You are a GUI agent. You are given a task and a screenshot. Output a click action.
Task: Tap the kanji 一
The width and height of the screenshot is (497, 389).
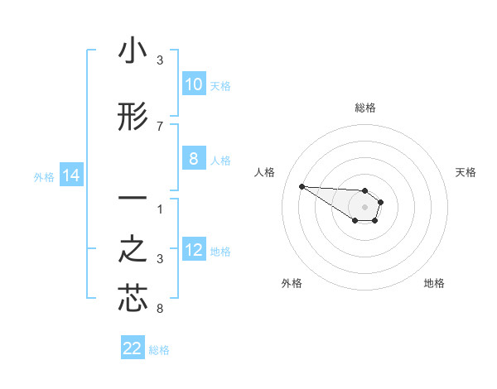[x=133, y=199]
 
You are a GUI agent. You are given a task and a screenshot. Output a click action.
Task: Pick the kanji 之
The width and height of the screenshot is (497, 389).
[x=133, y=249]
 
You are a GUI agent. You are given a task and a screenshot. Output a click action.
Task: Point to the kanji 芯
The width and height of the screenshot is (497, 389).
[x=133, y=299]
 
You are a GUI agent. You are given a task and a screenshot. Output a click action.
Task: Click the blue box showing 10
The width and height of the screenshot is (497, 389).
[x=193, y=84]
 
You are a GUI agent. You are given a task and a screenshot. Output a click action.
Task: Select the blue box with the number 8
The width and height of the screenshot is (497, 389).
[x=193, y=159]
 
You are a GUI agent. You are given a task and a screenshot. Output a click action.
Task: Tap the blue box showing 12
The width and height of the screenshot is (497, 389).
[x=193, y=250]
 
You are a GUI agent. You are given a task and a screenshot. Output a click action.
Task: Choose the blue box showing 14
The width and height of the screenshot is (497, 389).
[x=70, y=175]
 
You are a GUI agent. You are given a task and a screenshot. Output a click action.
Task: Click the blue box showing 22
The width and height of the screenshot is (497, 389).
[x=133, y=348]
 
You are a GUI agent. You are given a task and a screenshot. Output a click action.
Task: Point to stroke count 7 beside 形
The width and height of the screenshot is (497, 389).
[x=160, y=127]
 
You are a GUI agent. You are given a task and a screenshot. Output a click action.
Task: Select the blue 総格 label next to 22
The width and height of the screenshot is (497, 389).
[x=159, y=350]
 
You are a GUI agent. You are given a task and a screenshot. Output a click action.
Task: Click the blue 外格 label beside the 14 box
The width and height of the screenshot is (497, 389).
[x=43, y=176]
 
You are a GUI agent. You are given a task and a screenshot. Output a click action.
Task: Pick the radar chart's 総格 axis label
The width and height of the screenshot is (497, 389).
[x=365, y=108]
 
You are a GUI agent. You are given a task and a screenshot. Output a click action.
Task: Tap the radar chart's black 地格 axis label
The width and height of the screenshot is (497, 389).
[x=434, y=283]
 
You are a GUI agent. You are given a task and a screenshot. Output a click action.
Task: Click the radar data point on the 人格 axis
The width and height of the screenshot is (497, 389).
[x=302, y=186]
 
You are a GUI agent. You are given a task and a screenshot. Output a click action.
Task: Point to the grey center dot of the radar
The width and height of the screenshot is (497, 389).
[x=365, y=206]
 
